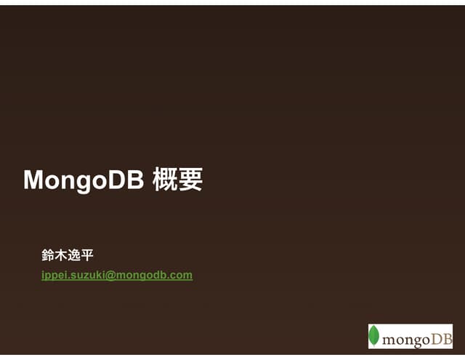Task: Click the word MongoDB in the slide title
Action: click(x=84, y=180)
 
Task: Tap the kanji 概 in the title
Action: click(x=164, y=180)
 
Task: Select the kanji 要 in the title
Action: click(x=190, y=180)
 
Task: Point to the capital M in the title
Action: click(x=33, y=180)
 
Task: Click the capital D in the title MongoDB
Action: click(x=118, y=180)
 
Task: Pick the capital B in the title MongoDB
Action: click(x=135, y=180)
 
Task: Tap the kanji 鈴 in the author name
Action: click(x=49, y=255)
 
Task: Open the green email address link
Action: click(x=117, y=275)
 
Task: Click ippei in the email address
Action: click(x=54, y=275)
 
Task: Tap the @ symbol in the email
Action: click(x=111, y=275)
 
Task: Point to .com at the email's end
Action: click(x=180, y=275)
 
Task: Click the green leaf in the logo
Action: click(x=375, y=336)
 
